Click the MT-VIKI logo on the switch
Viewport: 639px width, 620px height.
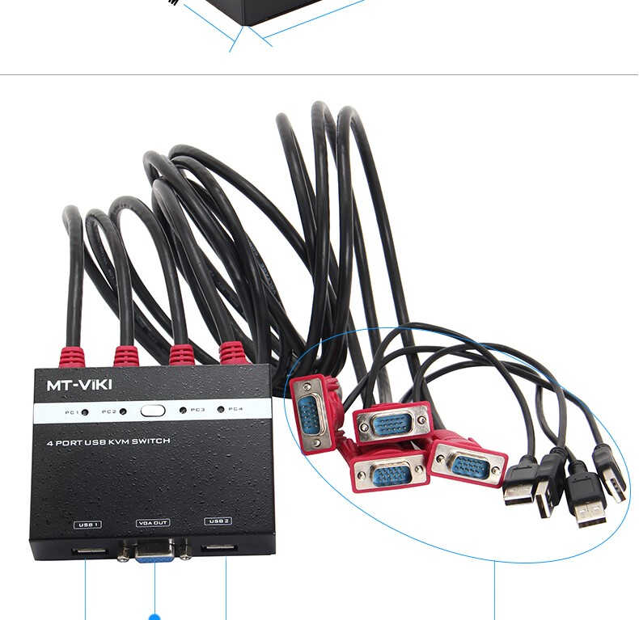[x=79, y=385]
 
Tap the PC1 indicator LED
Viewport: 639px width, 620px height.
[x=87, y=411]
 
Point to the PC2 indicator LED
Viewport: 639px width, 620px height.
[x=123, y=411]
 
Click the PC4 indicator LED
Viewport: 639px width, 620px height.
[x=220, y=410]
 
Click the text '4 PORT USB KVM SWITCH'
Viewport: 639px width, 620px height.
[x=108, y=442]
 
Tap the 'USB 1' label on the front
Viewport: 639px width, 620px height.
[x=87, y=525]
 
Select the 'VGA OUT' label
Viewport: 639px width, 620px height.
[x=153, y=523]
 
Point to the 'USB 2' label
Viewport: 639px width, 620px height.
[x=218, y=521]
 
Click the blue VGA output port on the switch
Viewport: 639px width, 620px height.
[x=154, y=551]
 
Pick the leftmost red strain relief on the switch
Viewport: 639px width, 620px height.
[x=72, y=356]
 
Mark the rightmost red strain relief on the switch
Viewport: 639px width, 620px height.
[x=232, y=353]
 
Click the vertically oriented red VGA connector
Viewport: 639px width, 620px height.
[x=310, y=412]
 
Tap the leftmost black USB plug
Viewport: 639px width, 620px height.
[x=519, y=483]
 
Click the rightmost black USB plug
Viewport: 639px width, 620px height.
[x=610, y=474]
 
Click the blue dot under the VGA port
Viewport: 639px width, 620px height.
[x=154, y=617]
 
